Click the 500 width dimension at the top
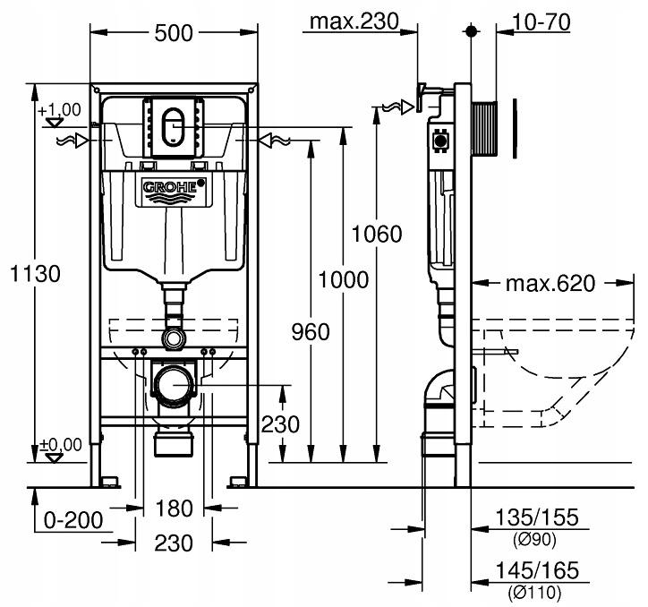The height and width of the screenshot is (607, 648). coord(172,33)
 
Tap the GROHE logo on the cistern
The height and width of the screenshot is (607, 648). coord(174,189)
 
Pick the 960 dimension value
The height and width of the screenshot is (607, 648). coord(310,331)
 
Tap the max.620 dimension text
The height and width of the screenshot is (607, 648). coord(550,285)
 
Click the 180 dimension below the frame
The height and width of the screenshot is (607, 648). coord(174,508)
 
